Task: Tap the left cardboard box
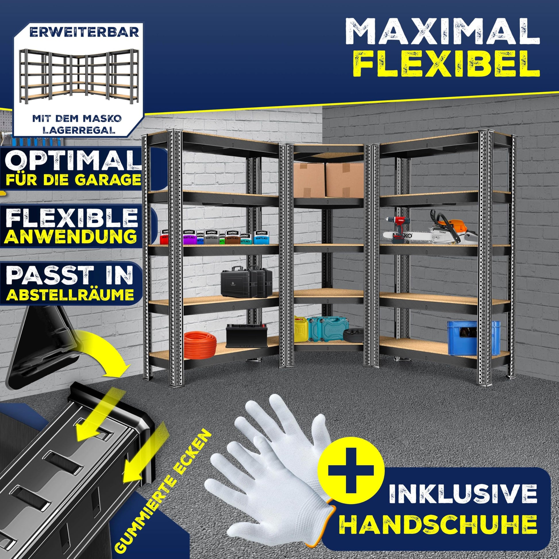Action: tap(309, 179)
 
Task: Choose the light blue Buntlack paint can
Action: tap(261, 237)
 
